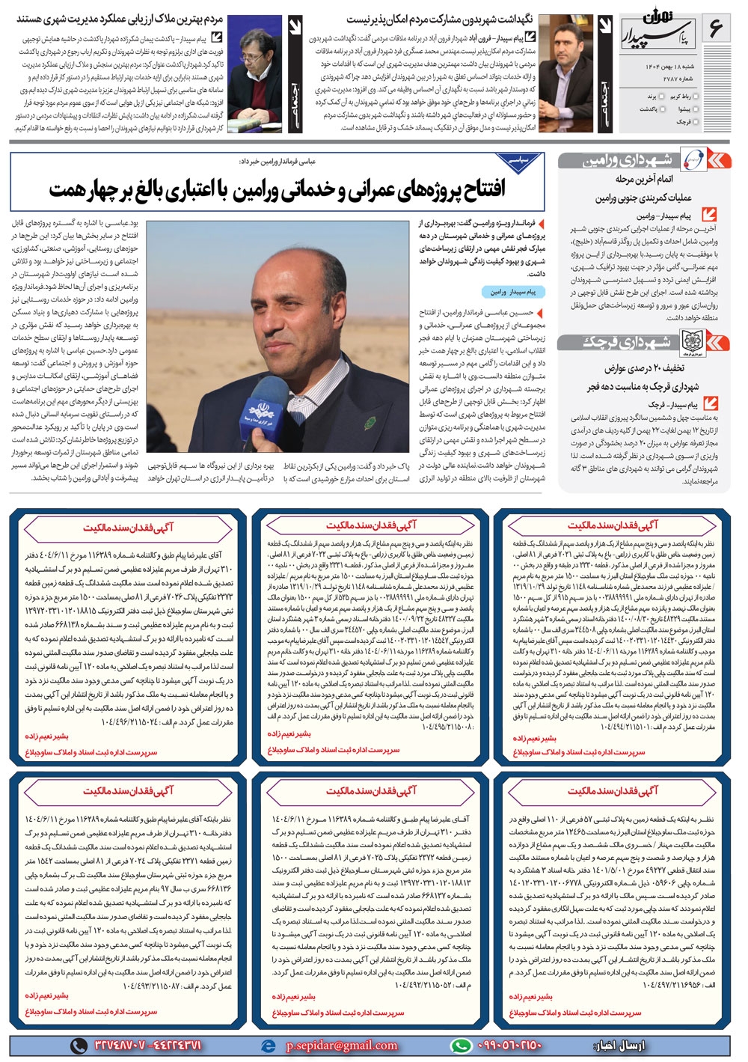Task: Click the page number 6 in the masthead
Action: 715,30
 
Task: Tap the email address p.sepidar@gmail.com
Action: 342,1045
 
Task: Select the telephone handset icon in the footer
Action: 79,1045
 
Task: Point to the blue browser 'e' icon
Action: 268,1045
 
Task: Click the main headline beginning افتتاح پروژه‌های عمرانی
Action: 278,189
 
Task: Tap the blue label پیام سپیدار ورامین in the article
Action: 513,292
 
